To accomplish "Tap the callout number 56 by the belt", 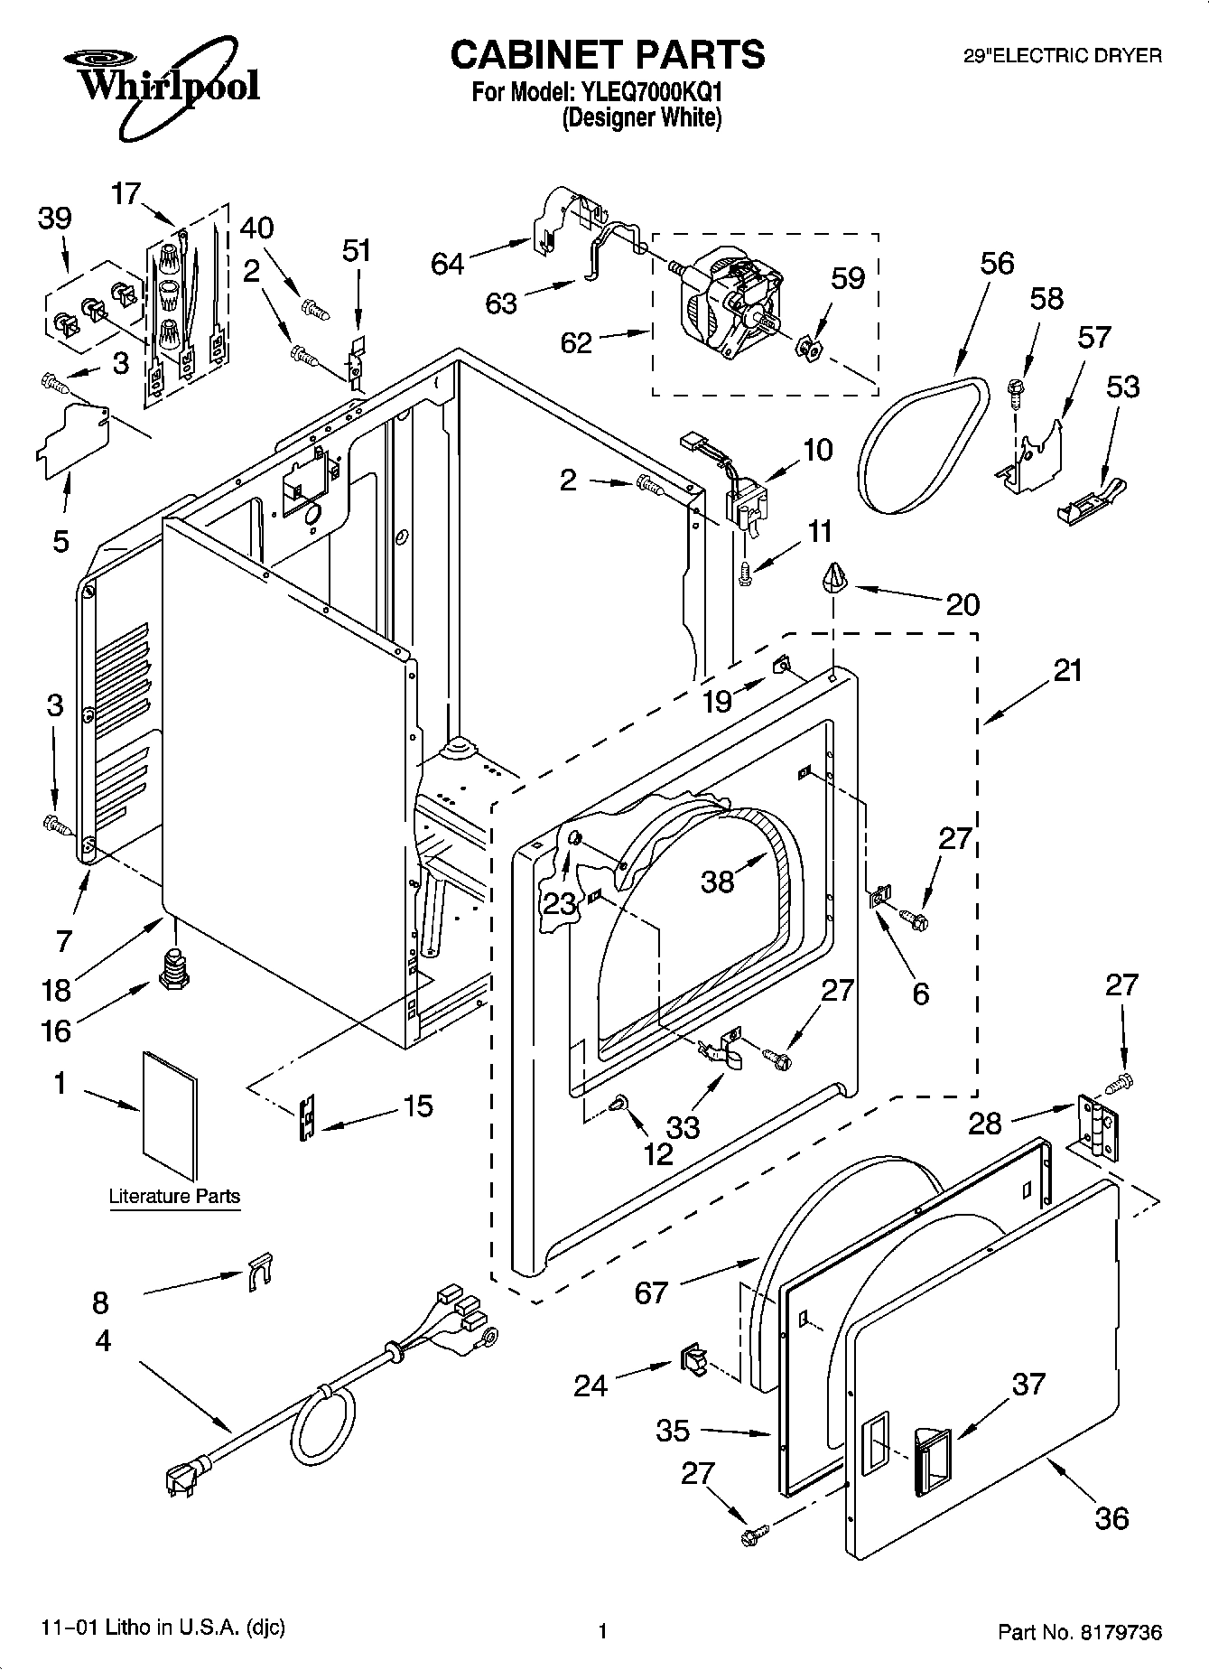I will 997,263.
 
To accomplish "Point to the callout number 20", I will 963,603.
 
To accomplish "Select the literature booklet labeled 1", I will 169,1115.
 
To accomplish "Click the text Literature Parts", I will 174,1197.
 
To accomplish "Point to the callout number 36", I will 1111,1517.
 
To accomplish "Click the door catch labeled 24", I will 693,1358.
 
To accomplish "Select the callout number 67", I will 651,1292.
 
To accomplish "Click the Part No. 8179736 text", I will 1079,1632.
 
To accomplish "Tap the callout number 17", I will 127,193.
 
